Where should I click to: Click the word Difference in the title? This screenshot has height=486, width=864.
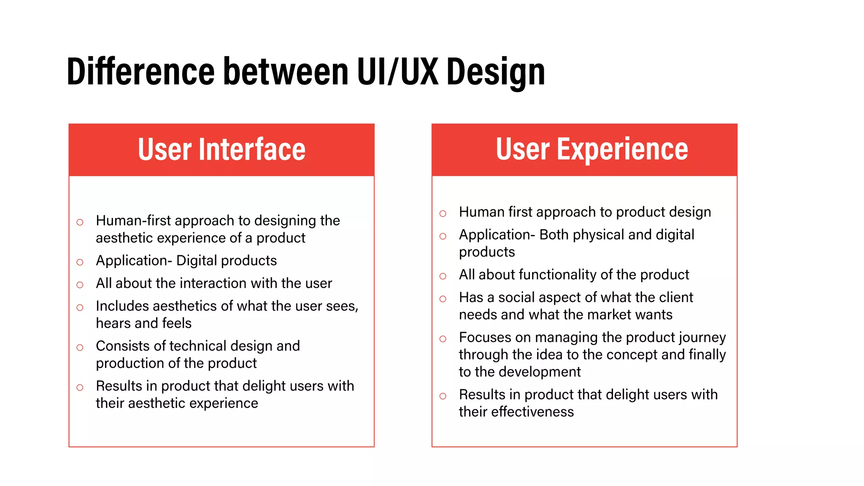[141, 72]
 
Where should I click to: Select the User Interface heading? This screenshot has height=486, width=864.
[221, 149]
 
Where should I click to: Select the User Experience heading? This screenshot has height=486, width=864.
[591, 149]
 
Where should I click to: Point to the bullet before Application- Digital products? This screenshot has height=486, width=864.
[80, 262]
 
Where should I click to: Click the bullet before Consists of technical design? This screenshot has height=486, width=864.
[80, 348]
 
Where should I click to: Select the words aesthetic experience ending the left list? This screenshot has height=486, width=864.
[193, 403]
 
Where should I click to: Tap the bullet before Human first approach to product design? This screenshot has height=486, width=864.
[443, 214]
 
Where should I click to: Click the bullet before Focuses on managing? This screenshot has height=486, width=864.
[443, 339]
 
